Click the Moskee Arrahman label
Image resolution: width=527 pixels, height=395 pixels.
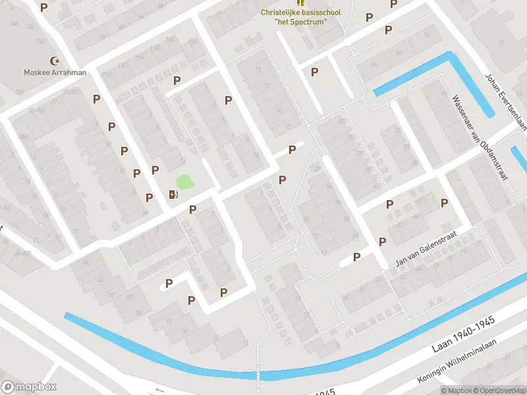pyautogui.click(x=55, y=72)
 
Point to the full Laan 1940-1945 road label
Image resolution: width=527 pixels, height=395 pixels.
pyautogui.click(x=464, y=338)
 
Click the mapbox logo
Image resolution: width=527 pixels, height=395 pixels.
pyautogui.click(x=29, y=386)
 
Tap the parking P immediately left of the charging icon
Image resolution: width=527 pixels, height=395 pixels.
pyautogui.click(x=150, y=197)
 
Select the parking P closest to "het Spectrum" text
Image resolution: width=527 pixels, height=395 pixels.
pyautogui.click(x=368, y=18)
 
